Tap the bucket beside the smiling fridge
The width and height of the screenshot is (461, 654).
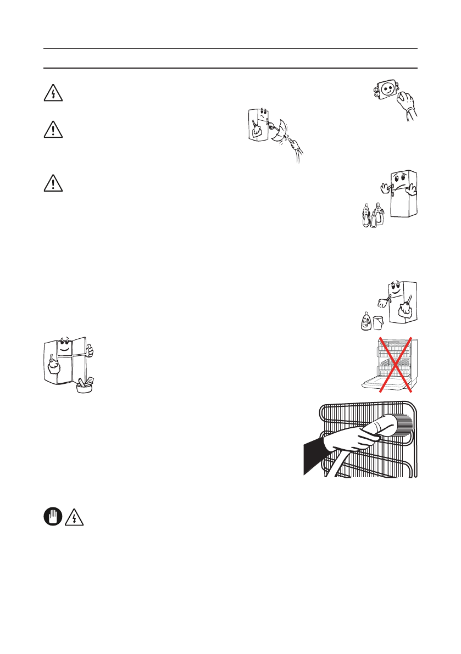point(377,323)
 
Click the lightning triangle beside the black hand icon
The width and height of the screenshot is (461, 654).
point(74,517)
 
